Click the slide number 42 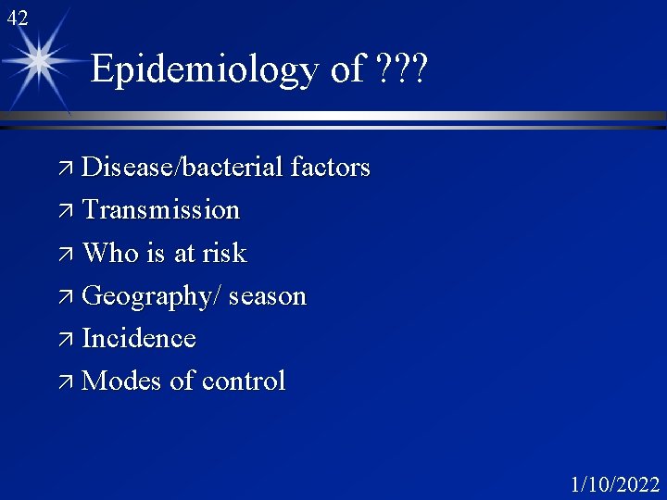click(x=17, y=17)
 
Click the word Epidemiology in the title click(x=208, y=70)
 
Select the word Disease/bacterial click(x=182, y=168)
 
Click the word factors click(x=330, y=168)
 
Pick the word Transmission click(x=160, y=210)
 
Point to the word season click(x=267, y=296)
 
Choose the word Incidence click(x=139, y=338)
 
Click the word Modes click(x=121, y=381)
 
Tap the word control click(x=244, y=381)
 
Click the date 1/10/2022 click(x=614, y=484)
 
